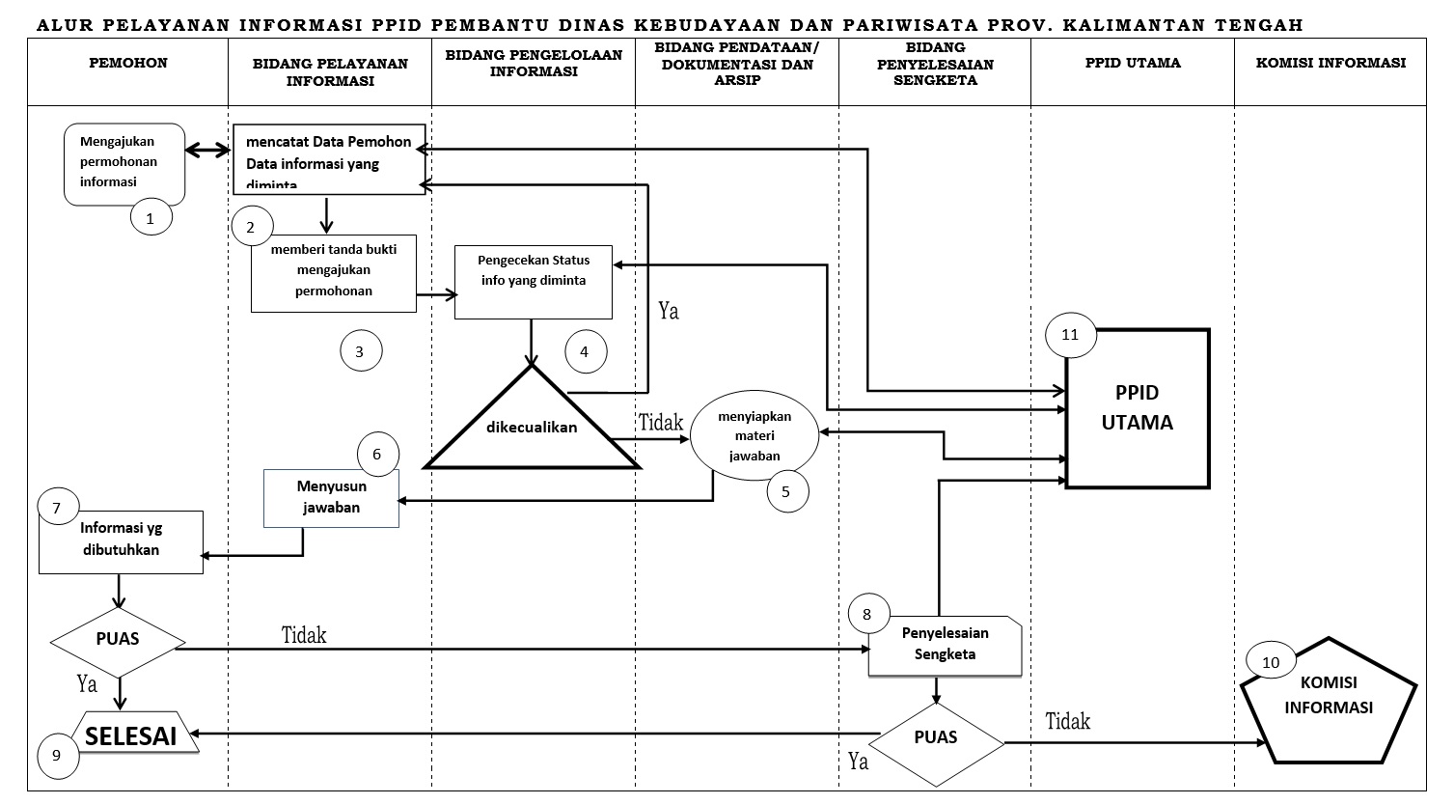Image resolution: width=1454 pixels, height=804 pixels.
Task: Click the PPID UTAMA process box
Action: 1137,408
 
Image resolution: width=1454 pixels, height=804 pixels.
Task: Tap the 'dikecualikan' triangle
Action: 532,427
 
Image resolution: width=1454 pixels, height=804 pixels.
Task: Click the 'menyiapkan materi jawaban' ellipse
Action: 754,435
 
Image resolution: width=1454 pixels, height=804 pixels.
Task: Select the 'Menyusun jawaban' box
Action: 331,498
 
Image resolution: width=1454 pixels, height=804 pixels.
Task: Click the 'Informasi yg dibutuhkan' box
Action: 121,541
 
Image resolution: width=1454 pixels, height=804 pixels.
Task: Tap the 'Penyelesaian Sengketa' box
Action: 945,645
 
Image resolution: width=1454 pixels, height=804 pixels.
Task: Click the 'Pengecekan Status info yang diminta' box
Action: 534,281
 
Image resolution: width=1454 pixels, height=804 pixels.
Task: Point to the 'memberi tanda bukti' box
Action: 334,273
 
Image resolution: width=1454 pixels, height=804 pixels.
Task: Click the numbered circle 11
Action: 1069,335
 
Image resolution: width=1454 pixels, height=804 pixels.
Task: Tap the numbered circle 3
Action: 360,351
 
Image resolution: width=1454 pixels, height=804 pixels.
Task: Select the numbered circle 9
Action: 57,755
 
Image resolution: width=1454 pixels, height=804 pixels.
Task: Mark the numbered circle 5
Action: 785,491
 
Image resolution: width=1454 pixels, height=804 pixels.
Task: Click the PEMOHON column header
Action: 128,64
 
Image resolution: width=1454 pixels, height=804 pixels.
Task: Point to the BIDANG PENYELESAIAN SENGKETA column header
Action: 934,64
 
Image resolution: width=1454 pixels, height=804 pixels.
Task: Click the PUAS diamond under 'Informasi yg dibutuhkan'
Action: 118,640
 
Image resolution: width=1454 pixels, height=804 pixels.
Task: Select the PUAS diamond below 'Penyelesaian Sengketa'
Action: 936,738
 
